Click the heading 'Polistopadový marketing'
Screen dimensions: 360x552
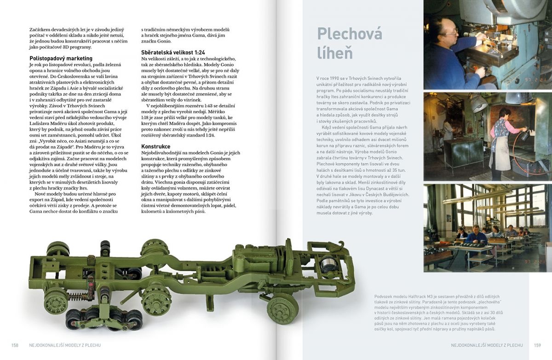point(61,58)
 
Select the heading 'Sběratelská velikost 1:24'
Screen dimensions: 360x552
point(173,52)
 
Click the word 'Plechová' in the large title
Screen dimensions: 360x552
point(350,34)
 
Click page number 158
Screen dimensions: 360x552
point(15,345)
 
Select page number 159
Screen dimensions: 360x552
point(537,345)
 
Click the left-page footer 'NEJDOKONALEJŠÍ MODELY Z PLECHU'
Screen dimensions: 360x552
point(64,345)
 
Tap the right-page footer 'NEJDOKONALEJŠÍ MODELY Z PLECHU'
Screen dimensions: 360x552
point(487,345)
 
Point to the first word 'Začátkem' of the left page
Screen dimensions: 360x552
point(40,29)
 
